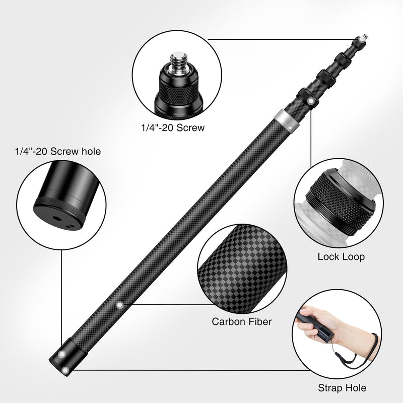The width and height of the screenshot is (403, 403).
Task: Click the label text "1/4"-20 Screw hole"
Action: [57, 151]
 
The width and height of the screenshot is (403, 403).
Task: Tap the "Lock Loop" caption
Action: [341, 257]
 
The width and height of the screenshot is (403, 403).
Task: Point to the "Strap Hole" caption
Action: [342, 388]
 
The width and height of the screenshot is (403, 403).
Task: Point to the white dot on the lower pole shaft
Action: [120, 304]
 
